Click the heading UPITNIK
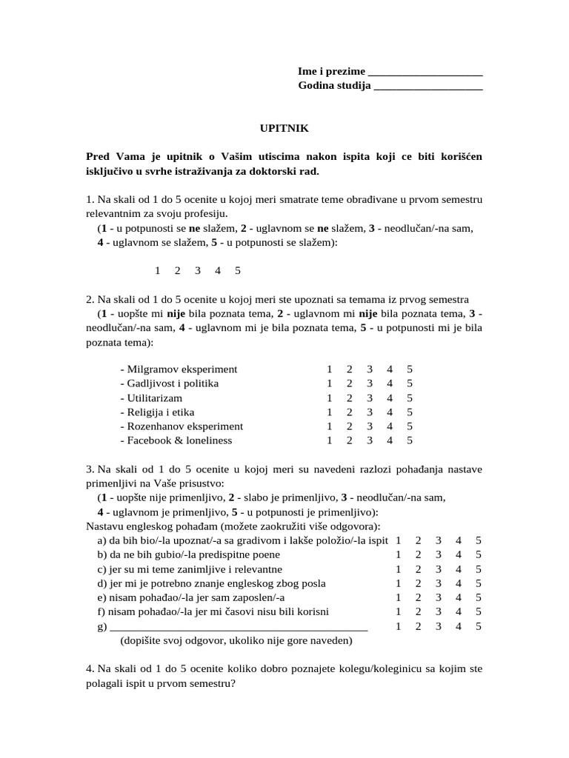click(x=284, y=128)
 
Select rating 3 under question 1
click(x=198, y=271)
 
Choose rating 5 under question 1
click(x=238, y=271)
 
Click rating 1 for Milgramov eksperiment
click(x=329, y=369)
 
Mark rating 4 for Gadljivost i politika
click(x=389, y=383)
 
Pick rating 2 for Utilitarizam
click(x=349, y=398)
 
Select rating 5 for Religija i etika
click(x=410, y=412)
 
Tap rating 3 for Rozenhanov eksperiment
click(x=369, y=426)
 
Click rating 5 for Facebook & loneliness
click(x=410, y=440)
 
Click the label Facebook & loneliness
click(x=176, y=440)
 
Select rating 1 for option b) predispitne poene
click(x=399, y=554)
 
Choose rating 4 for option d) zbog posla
click(x=459, y=583)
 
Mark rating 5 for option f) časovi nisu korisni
click(x=479, y=611)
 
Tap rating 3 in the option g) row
click(x=439, y=626)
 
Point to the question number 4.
click(x=90, y=668)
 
